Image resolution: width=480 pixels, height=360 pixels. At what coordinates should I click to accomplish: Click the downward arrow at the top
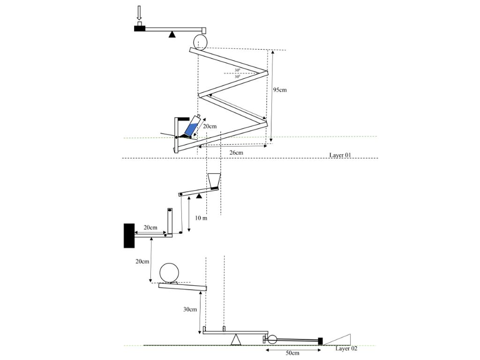tap(139, 13)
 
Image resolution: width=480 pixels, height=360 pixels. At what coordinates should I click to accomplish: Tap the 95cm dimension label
tap(280, 90)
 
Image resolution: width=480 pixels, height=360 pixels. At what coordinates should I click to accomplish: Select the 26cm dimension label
tap(236, 152)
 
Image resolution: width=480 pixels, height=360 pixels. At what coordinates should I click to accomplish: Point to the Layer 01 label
tap(340, 155)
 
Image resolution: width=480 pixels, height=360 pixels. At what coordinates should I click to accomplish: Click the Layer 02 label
tap(346, 348)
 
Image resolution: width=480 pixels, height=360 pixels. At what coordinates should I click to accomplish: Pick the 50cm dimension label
tap(292, 353)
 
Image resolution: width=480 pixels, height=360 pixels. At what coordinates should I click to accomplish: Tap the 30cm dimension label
tap(190, 309)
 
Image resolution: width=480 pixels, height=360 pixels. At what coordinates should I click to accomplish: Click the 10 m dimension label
tap(201, 218)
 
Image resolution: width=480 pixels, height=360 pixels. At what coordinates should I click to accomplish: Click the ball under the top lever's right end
tap(200, 41)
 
